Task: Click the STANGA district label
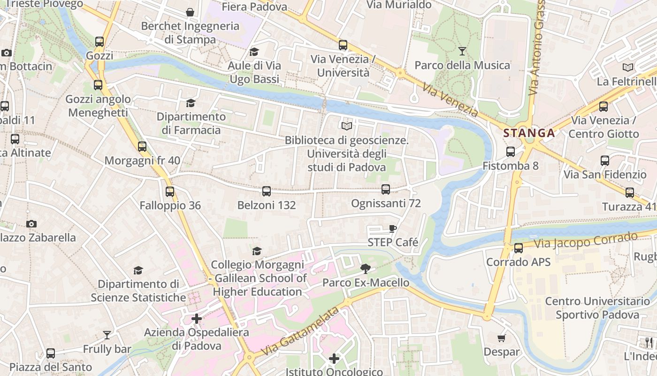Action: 529,133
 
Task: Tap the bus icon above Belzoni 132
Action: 267,191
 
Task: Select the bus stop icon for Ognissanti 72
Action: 386,189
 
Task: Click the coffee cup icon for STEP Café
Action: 393,229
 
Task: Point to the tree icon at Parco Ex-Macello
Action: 366,269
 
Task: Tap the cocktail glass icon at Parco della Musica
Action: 462,51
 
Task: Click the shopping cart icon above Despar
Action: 502,338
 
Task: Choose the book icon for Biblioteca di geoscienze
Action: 347,126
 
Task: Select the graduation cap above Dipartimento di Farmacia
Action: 191,103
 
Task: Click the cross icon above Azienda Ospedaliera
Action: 197,319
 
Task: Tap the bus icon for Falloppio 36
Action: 170,192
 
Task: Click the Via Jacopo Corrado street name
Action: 587,241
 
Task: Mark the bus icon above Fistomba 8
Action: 511,152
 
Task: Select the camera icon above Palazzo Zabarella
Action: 31,224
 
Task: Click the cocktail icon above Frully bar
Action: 107,335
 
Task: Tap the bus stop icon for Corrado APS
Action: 519,248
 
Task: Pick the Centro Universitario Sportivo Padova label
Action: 597,308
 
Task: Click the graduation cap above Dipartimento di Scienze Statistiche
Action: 138,270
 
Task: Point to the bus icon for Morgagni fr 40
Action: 142,147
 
